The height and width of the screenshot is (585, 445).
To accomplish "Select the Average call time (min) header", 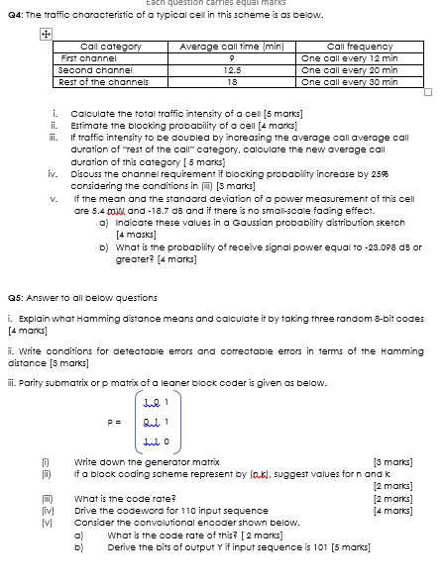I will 219,47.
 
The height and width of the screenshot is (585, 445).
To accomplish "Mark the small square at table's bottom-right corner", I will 428,92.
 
